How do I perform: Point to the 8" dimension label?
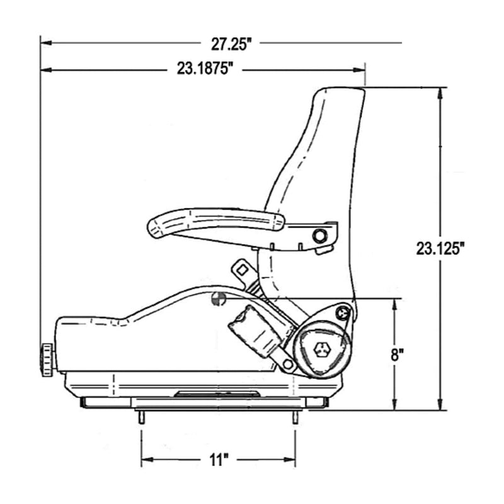point(396,355)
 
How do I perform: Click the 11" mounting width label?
point(217,461)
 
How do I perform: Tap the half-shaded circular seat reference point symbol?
point(218,300)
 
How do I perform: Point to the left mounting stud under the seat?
point(142,417)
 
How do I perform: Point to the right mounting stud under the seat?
point(295,417)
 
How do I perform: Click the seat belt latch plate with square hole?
point(241,269)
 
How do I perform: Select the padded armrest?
point(214,222)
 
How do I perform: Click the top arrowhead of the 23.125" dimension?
point(440,91)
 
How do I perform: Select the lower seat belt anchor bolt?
point(287,364)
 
